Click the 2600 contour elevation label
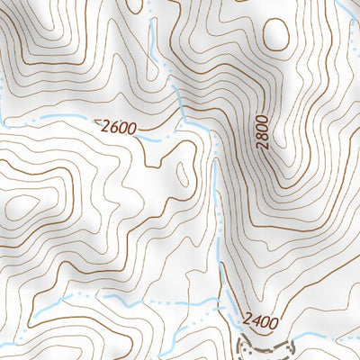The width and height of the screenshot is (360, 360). (x=119, y=128)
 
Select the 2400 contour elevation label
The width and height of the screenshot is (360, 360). (x=260, y=319)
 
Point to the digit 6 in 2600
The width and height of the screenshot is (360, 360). (x=114, y=127)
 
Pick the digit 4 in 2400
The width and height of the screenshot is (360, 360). (x=256, y=319)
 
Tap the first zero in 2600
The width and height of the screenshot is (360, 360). (x=123, y=129)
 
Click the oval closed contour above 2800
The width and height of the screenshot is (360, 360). (x=277, y=34)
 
